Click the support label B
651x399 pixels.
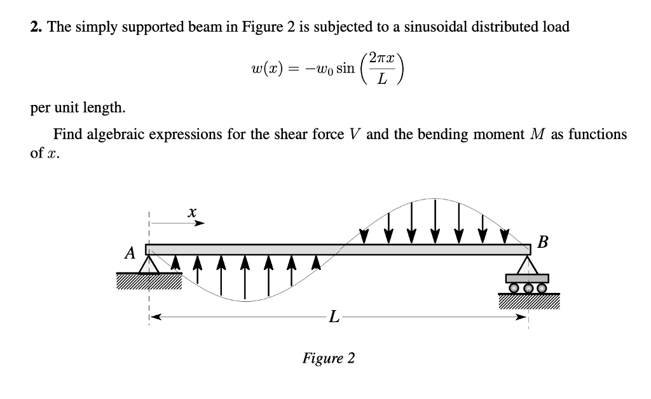[x=542, y=241]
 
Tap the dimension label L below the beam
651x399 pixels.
[x=332, y=316]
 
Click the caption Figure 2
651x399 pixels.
[x=329, y=358]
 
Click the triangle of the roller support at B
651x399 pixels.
[x=526, y=264]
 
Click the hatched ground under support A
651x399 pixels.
[x=148, y=281]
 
